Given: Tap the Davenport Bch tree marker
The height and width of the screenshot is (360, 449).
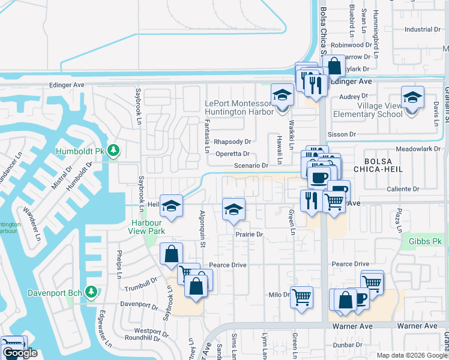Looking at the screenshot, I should tap(91, 292).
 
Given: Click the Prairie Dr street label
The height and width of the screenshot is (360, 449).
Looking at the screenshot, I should tap(250, 235).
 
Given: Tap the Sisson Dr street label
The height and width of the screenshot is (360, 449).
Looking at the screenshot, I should tap(344, 135).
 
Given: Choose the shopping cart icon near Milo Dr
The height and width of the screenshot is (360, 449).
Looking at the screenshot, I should tap(301, 296).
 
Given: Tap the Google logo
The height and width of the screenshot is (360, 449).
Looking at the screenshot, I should tap(19, 353).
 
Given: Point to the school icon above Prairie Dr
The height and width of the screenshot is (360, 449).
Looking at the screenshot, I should tap(234, 209).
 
